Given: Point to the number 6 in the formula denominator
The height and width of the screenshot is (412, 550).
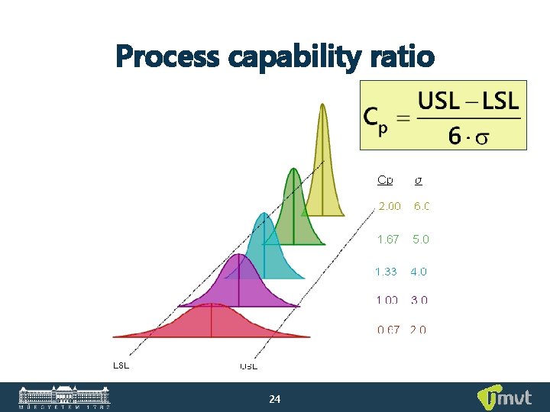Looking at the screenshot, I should (x=455, y=136).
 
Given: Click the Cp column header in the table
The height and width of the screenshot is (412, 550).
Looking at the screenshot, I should (x=385, y=180).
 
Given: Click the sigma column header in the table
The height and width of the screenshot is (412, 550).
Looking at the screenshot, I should (x=418, y=180).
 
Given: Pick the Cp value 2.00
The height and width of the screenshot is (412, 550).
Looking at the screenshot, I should (x=390, y=206).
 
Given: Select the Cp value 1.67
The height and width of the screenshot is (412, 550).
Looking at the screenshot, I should (x=388, y=239).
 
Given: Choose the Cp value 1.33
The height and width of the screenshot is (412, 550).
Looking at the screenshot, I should (x=386, y=271).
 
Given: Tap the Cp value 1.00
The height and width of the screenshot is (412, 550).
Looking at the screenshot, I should (x=387, y=300).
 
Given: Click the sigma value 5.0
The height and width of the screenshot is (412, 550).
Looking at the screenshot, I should (x=421, y=239).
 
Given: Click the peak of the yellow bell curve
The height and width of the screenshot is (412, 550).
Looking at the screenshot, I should (x=322, y=107).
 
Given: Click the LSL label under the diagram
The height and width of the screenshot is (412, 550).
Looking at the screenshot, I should (x=121, y=365).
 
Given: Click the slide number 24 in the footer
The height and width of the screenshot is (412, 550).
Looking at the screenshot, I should (x=275, y=399).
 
